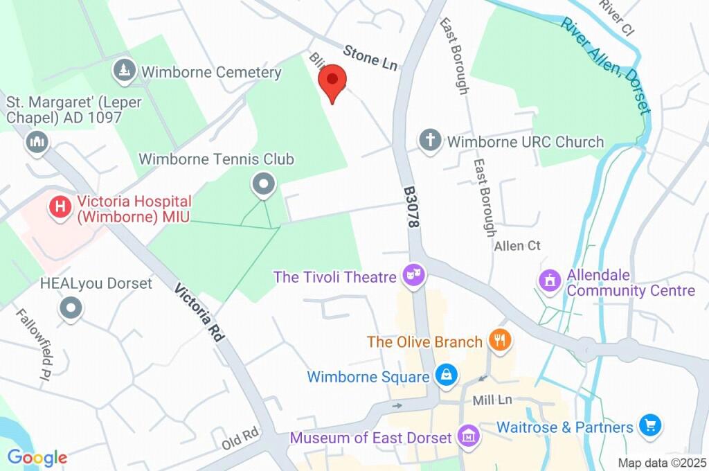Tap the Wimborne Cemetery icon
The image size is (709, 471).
pyautogui.click(x=124, y=71)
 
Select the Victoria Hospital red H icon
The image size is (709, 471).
pyautogui.click(x=61, y=206)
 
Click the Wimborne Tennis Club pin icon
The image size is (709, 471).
pyautogui.click(x=263, y=184)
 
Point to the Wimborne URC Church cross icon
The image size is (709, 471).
pyautogui.click(x=430, y=141)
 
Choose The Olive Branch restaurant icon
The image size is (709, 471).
pyautogui.click(x=499, y=340)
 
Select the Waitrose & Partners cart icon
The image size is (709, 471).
pyautogui.click(x=650, y=425)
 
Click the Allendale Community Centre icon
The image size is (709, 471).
pyautogui.click(x=550, y=281)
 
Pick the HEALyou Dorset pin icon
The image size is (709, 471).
pyautogui.click(x=71, y=309)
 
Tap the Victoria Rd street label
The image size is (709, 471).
pyautogui.click(x=200, y=312)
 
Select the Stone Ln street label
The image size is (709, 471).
pyautogui.click(x=371, y=57)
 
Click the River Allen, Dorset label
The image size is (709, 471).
pyautogui.click(x=607, y=66)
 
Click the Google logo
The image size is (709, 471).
pyautogui.click(x=37, y=457)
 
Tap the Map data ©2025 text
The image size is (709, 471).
pyautogui.click(x=661, y=463)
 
